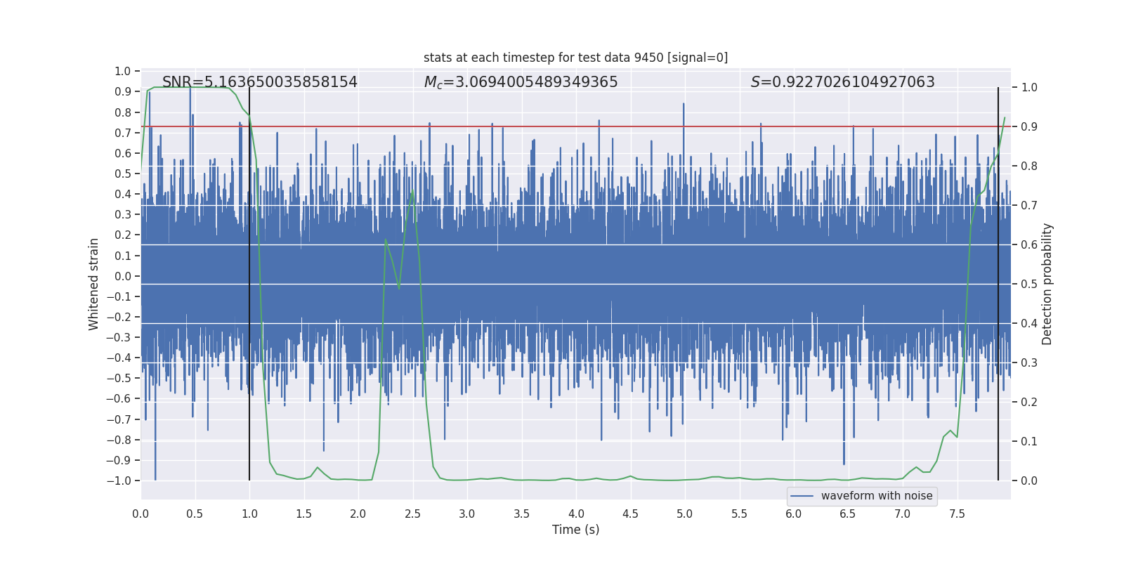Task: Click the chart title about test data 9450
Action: (x=575, y=58)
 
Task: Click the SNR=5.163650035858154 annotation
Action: (x=260, y=82)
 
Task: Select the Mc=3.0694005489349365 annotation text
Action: (x=521, y=82)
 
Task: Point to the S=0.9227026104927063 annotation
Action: (x=842, y=82)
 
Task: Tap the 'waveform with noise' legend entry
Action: (x=876, y=496)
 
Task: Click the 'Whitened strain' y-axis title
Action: (x=94, y=284)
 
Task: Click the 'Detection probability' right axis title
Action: (x=1047, y=284)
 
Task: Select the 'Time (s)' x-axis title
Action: (x=575, y=530)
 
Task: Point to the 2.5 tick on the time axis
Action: (x=412, y=514)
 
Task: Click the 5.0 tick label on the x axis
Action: (x=684, y=514)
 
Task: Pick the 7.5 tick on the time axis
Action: (x=957, y=514)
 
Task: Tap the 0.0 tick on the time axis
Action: (x=140, y=514)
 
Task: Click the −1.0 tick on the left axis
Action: (x=119, y=481)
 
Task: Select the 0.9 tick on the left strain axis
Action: (x=123, y=92)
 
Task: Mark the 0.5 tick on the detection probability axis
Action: (x=1029, y=285)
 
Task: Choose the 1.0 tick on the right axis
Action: (x=1029, y=88)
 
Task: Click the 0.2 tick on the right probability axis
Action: (x=1029, y=403)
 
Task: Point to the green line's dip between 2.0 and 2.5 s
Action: (x=399, y=287)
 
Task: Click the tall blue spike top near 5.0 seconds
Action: (x=684, y=104)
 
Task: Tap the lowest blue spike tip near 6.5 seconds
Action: (x=844, y=464)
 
